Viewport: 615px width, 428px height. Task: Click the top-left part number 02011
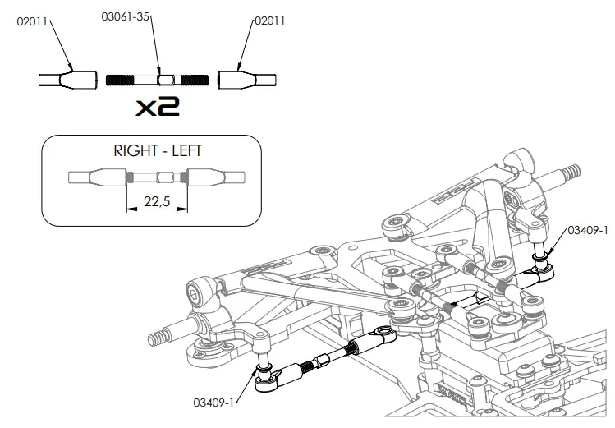33,21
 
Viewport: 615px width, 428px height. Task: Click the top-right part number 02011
269,21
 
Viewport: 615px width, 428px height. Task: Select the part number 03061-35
127,16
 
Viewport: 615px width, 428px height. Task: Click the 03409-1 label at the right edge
587,232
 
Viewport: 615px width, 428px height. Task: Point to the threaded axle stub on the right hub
571,173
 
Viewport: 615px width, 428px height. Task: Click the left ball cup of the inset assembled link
96,177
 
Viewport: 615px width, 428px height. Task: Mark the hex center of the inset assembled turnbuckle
163,177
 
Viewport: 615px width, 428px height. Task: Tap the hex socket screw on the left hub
195,292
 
